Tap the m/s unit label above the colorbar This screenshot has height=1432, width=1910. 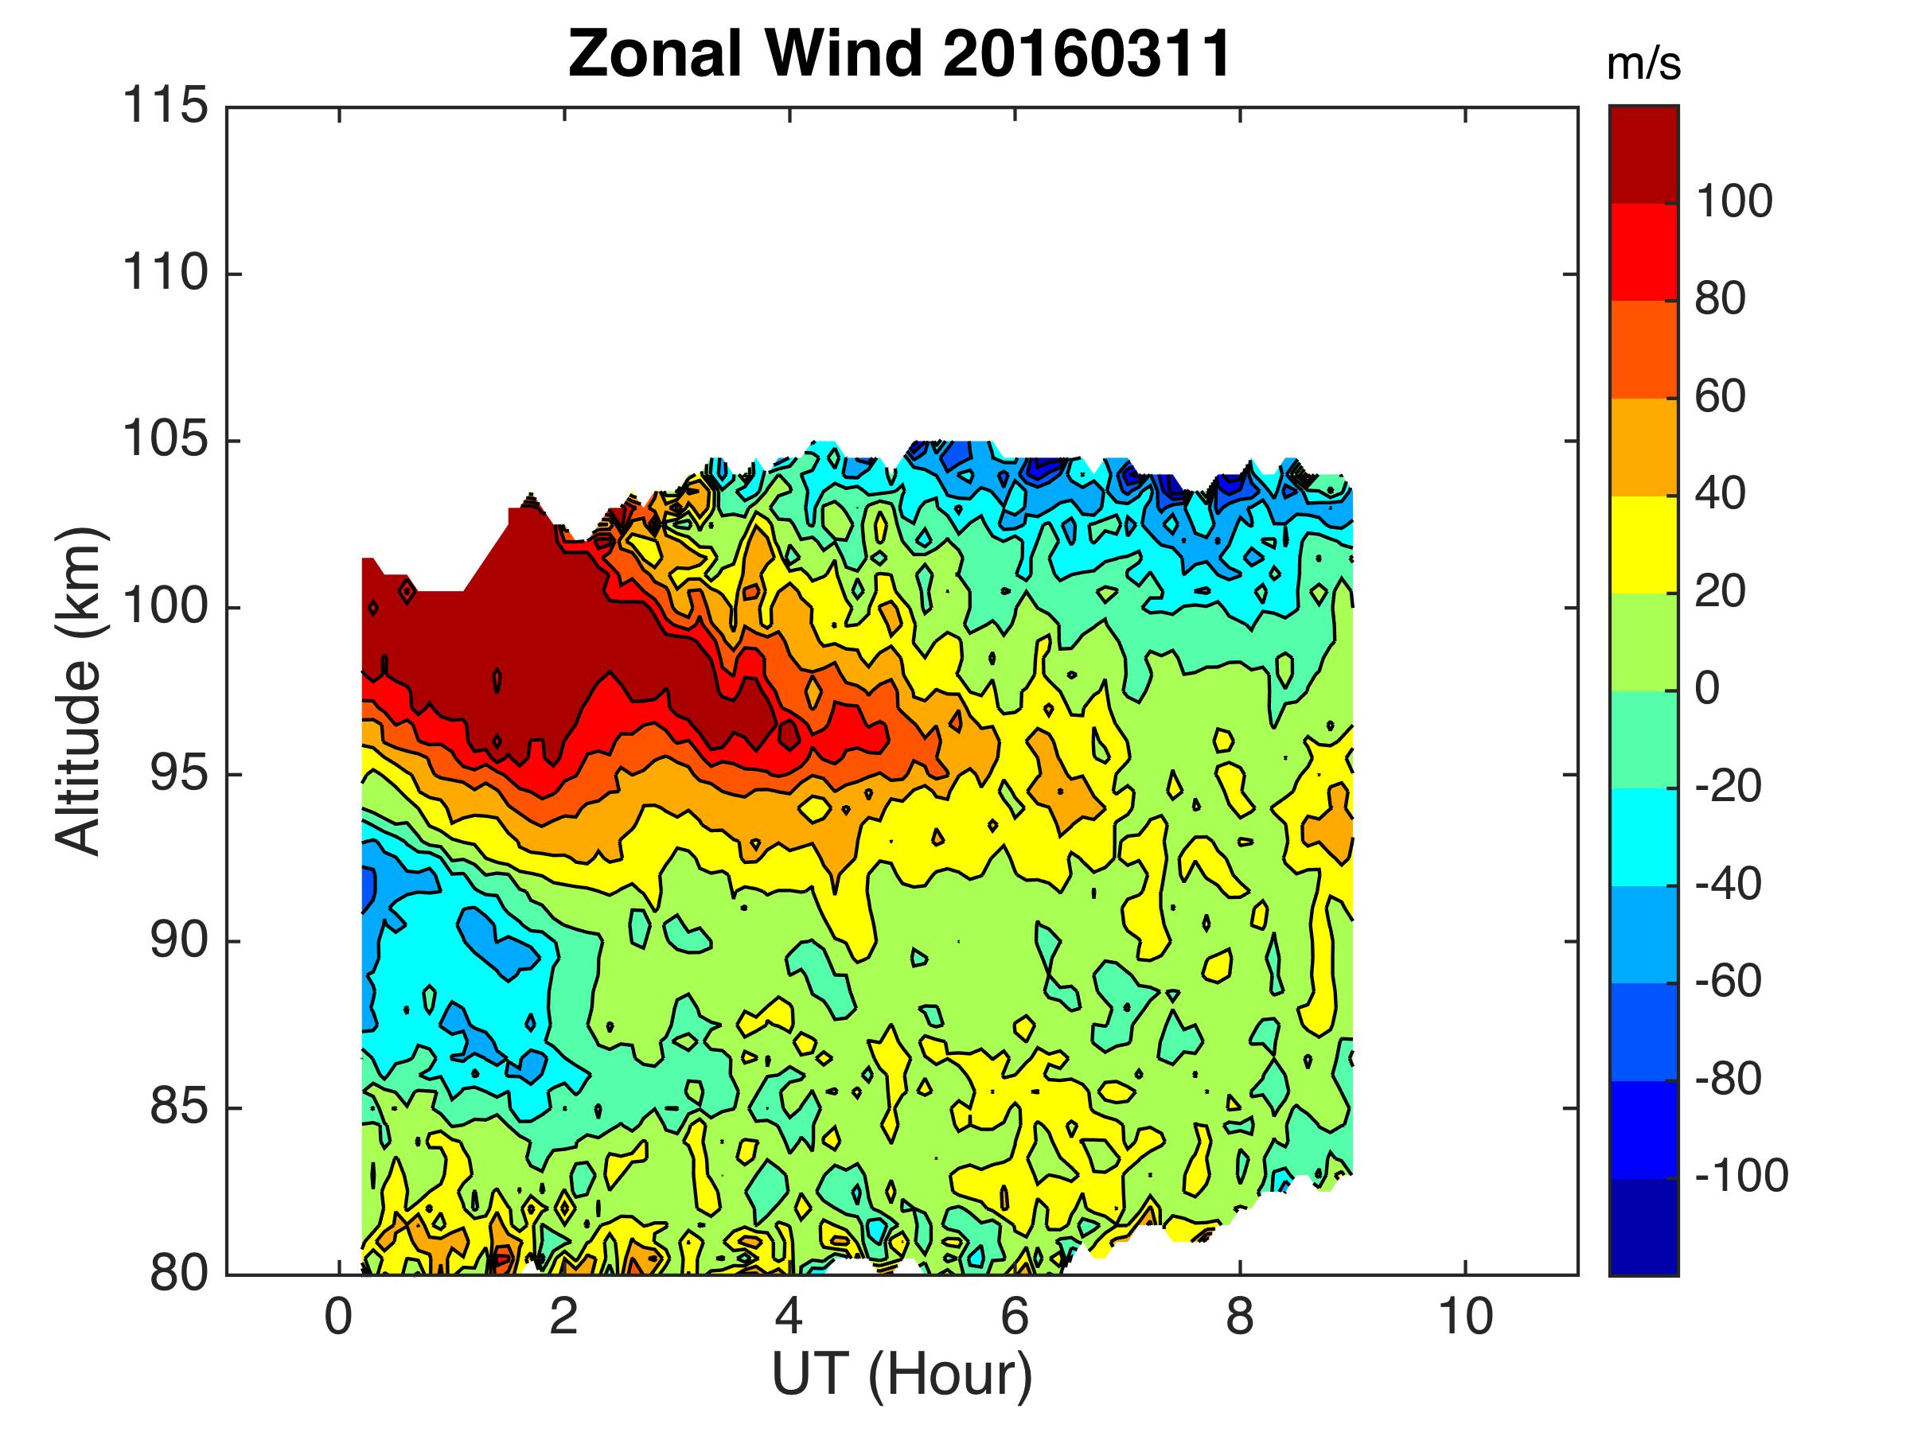pyautogui.click(x=1643, y=65)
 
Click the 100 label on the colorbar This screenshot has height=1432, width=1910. pyautogui.click(x=1734, y=202)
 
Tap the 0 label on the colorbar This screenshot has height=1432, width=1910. pyautogui.click(x=1708, y=689)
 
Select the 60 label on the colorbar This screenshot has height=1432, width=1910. pyautogui.click(x=1721, y=397)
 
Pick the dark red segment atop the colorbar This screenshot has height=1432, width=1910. pyautogui.click(x=1643, y=155)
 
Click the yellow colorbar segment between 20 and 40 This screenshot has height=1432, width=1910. pyautogui.click(x=1643, y=544)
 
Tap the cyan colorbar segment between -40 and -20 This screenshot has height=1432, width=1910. pyautogui.click(x=1643, y=836)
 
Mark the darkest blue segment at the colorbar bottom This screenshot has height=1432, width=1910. pyautogui.click(x=1643, y=1226)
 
